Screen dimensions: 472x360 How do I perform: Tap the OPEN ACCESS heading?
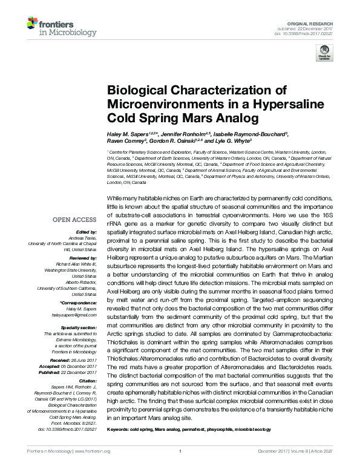point(74,220)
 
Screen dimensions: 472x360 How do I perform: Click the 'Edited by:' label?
point(88,232)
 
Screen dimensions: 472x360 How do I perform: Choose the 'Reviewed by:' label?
point(85,258)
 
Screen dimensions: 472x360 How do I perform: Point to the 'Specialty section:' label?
point(80,327)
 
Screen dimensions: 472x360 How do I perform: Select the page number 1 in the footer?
point(180,451)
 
